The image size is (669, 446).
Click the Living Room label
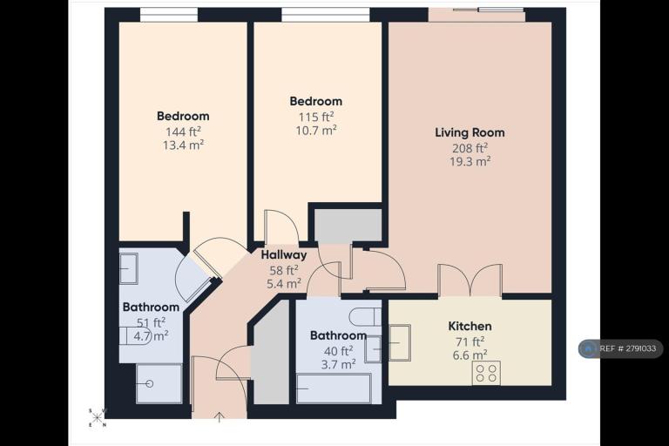(470, 132)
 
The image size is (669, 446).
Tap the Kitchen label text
(470, 327)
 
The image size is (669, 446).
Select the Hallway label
(284, 255)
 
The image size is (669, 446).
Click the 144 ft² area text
(183, 132)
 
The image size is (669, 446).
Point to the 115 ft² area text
(315, 117)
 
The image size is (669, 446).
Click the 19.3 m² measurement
(470, 161)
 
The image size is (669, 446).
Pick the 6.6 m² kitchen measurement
(470, 355)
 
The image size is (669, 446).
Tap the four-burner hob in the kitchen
(486, 373)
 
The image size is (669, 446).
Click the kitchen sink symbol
(400, 342)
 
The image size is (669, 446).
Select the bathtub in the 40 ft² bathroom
(334, 389)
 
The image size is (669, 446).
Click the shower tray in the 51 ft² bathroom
(159, 383)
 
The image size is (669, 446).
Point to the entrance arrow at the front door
(220, 417)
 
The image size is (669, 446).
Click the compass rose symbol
(98, 418)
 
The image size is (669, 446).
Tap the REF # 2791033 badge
(621, 348)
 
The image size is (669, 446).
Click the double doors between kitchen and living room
(470, 280)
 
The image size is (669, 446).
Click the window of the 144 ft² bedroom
(169, 16)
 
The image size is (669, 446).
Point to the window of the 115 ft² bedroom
(326, 16)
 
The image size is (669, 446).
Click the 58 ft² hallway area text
(284, 271)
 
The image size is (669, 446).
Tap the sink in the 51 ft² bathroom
(128, 269)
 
